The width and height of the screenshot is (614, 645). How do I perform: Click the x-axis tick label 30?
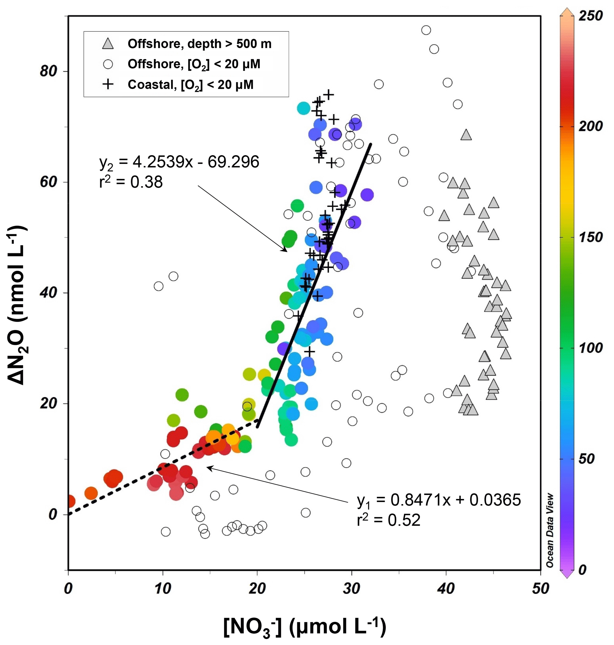point(351,589)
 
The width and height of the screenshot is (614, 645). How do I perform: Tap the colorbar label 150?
point(590,237)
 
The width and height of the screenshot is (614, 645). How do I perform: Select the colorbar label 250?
point(590,16)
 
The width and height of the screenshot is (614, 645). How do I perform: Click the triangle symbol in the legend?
point(108,44)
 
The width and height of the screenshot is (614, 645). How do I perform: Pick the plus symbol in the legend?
point(108,84)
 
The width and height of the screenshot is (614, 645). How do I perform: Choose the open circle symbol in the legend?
point(108,64)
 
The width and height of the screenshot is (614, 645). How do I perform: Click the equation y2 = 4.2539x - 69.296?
point(179,163)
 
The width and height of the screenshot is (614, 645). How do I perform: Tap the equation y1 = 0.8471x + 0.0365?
point(438,500)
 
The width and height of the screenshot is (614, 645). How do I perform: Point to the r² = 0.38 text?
point(131,182)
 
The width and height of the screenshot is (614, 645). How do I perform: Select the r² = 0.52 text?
point(389,520)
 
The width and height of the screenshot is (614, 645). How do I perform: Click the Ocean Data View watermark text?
point(550,531)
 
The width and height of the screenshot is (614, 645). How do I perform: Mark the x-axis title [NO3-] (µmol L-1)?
point(304,627)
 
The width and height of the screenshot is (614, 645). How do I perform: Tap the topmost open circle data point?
point(426,30)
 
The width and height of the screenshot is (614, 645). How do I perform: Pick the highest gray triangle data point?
point(466,135)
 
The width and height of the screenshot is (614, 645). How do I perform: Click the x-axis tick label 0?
point(68,589)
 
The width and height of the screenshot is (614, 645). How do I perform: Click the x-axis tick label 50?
point(540,589)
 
